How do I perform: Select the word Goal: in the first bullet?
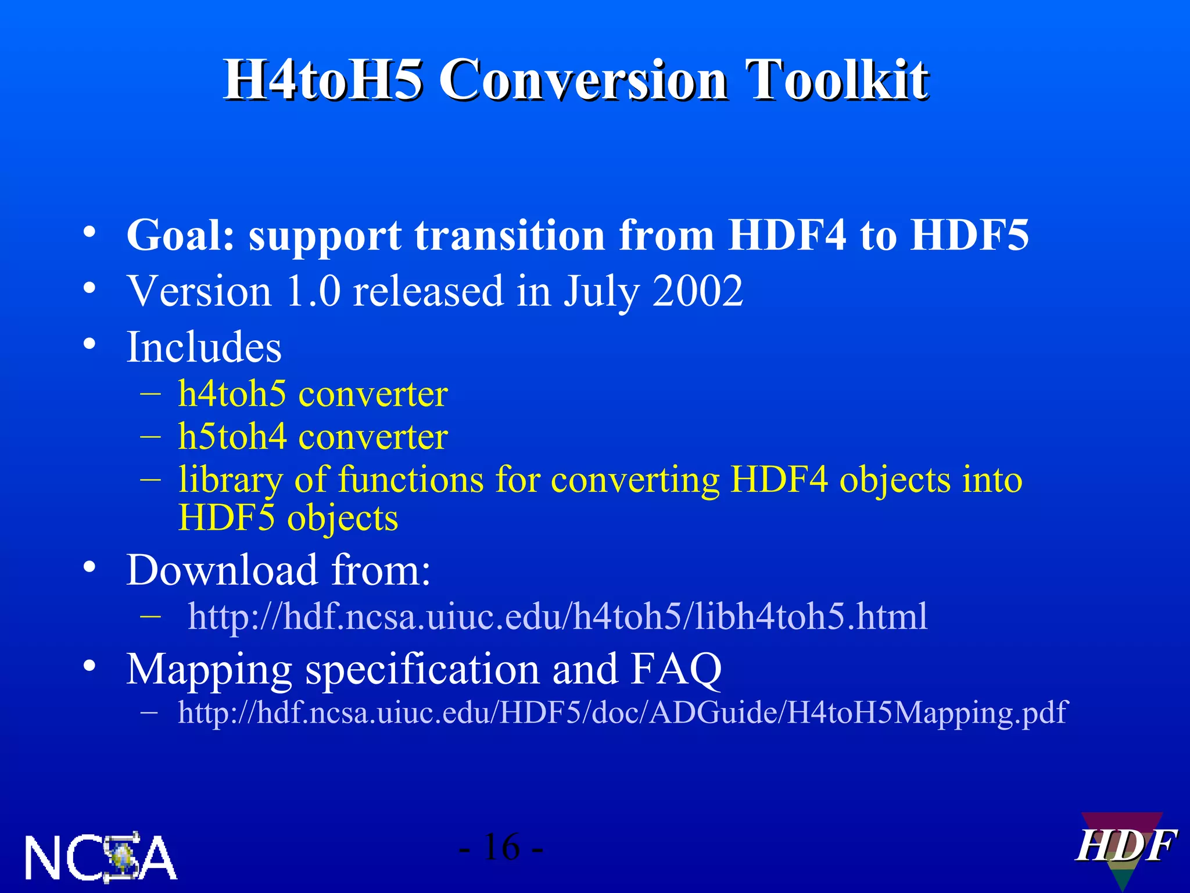(x=180, y=235)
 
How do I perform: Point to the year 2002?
(x=697, y=291)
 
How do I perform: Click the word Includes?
(x=204, y=347)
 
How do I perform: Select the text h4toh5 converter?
(x=313, y=394)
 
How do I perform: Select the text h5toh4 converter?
(x=313, y=437)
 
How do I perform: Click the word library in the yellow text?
(x=230, y=480)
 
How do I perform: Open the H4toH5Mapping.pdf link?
(x=622, y=712)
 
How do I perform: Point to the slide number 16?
(x=501, y=847)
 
